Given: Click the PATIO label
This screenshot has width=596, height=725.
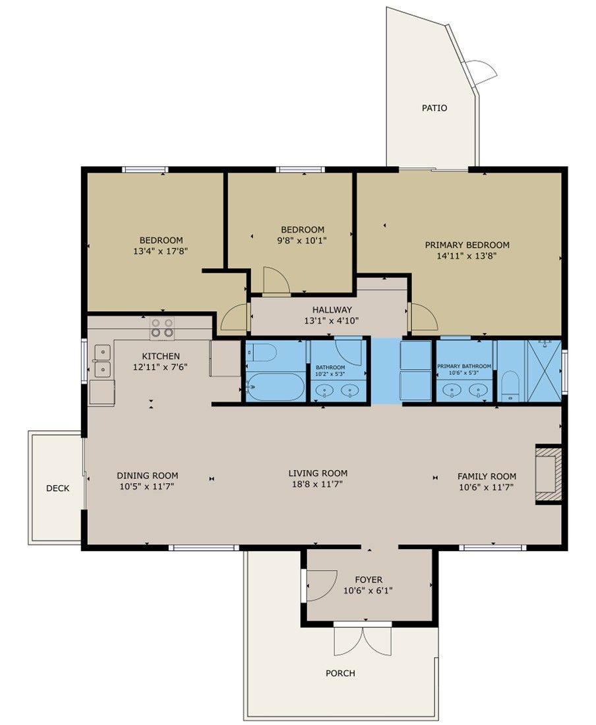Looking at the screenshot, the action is coord(434,108).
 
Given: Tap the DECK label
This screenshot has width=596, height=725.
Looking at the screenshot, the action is coord(58,488).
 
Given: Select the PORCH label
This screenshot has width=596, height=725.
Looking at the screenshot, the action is coord(340,673).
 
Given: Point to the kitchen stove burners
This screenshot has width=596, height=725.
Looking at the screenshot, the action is coord(162,328).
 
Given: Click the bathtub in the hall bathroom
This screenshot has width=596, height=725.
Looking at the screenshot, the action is coord(275,386).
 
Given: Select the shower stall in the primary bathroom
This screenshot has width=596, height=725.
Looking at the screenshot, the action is coord(544,370).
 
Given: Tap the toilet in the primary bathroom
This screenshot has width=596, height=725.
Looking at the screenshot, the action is coord(510,386).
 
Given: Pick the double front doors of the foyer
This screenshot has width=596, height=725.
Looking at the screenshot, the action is coord(363,641).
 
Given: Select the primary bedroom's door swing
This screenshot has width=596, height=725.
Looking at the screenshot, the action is coord(423,317).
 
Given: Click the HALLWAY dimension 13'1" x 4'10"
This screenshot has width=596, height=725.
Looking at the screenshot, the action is coord(332,320).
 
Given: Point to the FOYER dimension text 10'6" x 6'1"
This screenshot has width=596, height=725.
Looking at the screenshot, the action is coord(368,591).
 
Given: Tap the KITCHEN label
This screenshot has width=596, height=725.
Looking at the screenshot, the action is coord(160,356).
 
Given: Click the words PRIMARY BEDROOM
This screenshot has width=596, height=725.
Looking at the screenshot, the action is coord(467,245).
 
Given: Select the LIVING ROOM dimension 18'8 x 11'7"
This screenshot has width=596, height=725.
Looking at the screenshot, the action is coord(318,484).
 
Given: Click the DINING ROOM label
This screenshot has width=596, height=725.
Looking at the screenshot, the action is coord(147,475).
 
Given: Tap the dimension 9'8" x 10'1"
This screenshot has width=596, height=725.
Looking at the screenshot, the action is coord(302,241).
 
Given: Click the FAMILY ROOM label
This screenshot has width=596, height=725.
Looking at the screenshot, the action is coord(487,477).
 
